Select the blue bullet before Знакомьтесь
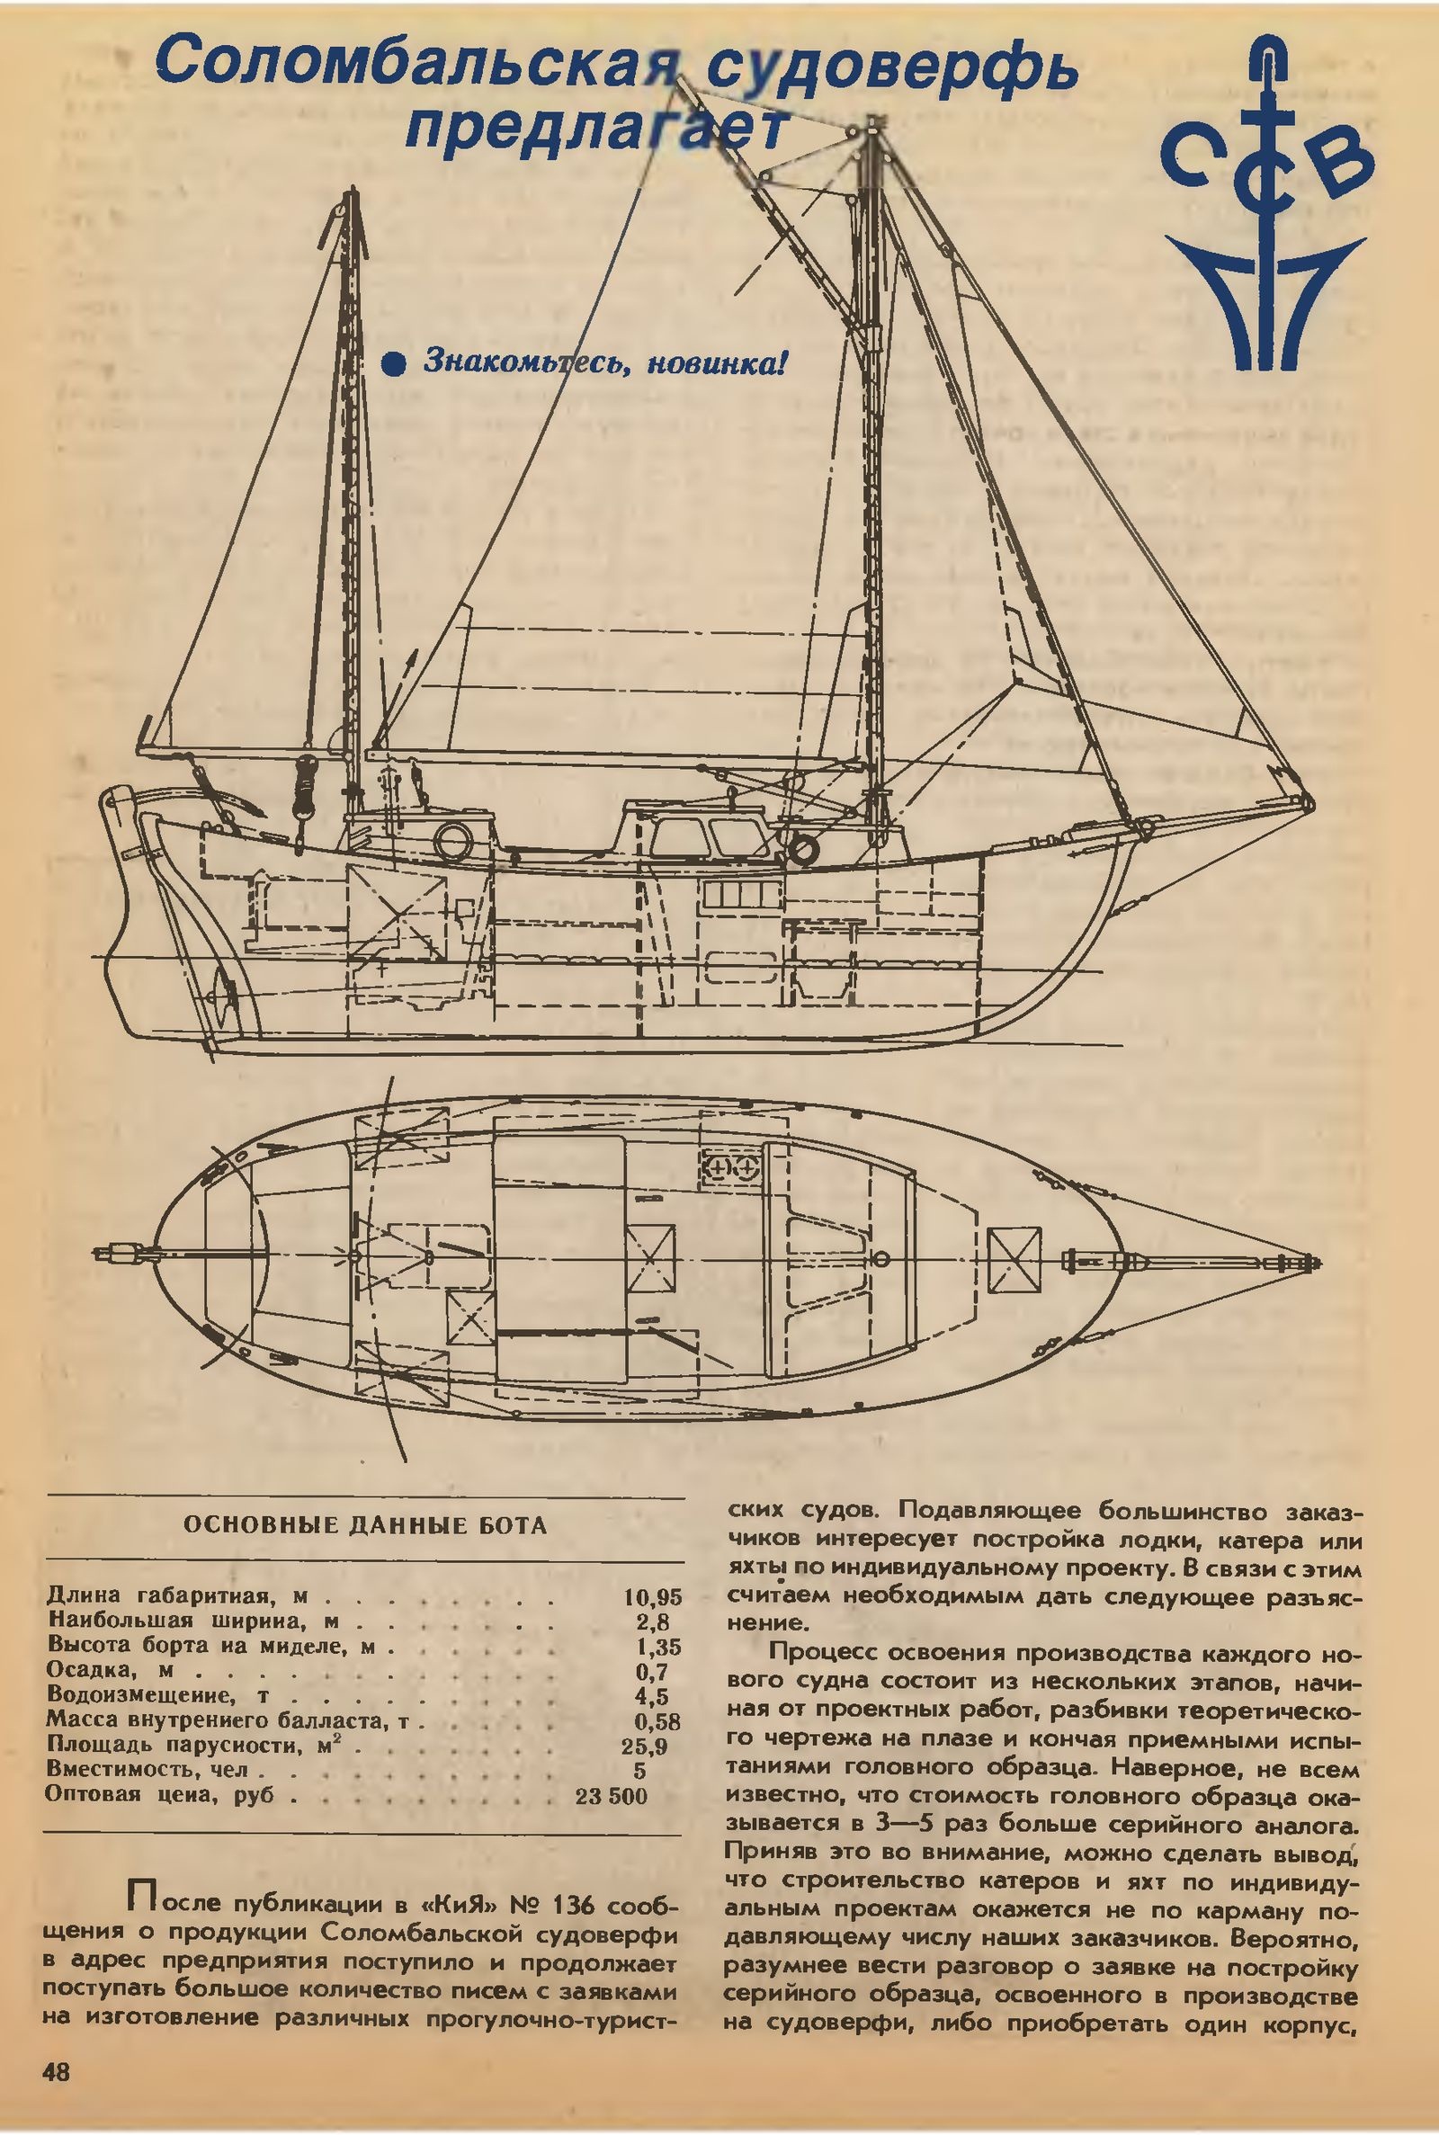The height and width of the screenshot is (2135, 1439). [393, 364]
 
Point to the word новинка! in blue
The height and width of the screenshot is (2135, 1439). [718, 364]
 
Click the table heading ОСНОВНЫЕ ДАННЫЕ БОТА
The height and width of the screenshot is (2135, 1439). [364, 1526]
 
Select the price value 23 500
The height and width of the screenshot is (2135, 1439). [612, 1796]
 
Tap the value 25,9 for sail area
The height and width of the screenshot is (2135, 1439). [644, 1746]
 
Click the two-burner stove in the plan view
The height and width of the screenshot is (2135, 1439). [732, 1167]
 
